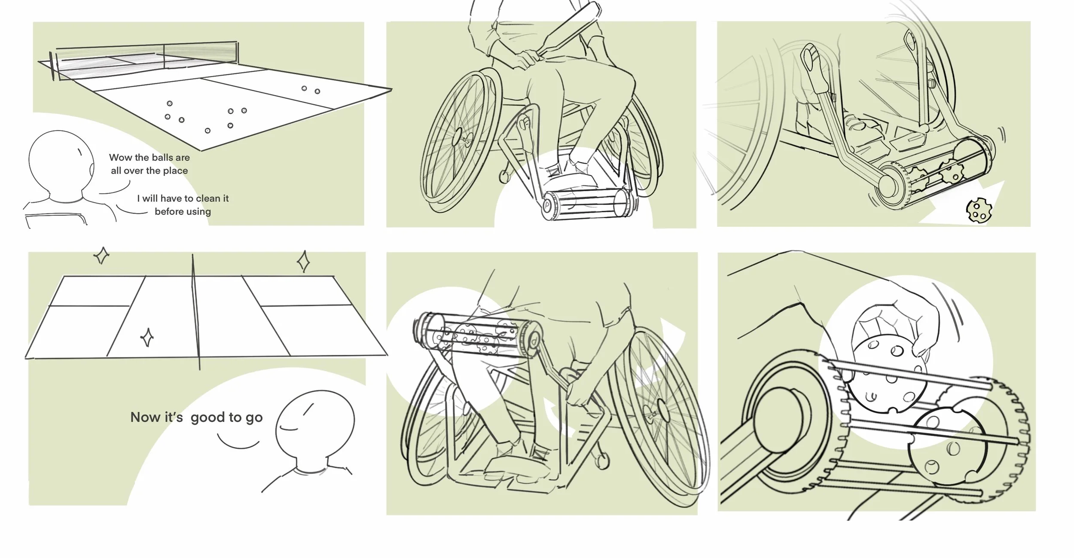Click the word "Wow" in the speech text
pos(120,158)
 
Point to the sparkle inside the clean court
pos(147,338)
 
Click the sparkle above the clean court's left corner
pos(101,256)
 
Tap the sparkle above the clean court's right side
pos(303,261)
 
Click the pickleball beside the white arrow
pos(978,211)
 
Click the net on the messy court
pos(146,59)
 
